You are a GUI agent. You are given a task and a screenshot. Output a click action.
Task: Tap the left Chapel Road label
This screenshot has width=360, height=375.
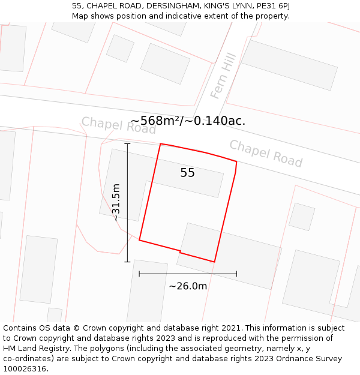(118, 125)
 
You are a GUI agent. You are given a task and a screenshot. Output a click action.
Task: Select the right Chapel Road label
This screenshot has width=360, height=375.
(266, 154)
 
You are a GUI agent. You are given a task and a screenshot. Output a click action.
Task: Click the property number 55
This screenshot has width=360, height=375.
(187, 173)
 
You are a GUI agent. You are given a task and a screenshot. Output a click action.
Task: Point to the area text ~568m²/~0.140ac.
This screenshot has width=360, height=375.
(187, 121)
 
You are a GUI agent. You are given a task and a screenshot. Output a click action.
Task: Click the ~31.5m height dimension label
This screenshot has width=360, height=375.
(116, 203)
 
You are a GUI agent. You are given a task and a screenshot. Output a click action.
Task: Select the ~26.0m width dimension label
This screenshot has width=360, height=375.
(188, 286)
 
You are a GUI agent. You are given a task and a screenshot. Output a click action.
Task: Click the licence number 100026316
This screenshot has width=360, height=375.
(26, 369)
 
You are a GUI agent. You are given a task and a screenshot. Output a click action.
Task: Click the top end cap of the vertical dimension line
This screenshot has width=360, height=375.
(127, 144)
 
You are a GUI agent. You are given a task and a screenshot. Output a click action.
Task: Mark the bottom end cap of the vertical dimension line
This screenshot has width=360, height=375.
(127, 262)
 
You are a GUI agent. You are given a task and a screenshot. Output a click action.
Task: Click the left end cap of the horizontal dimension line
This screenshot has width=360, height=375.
(139, 274)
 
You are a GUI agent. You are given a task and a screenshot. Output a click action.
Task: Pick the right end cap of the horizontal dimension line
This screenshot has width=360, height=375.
(236, 274)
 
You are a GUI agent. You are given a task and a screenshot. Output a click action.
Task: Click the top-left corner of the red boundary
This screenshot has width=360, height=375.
(160, 144)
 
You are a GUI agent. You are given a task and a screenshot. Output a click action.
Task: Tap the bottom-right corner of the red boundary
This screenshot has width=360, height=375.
(214, 262)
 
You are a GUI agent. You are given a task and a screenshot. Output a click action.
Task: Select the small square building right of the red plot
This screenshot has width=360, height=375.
(302, 217)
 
